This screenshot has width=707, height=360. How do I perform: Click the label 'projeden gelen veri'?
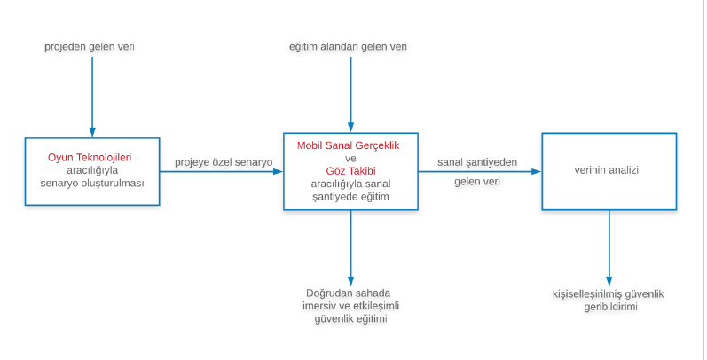(x=90, y=47)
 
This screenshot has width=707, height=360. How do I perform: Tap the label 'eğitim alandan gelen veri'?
(x=348, y=47)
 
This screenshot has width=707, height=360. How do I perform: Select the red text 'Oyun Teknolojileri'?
(x=90, y=158)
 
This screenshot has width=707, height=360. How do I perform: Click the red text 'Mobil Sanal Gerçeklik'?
(x=348, y=145)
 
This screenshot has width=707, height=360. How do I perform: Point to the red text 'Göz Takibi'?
(x=350, y=171)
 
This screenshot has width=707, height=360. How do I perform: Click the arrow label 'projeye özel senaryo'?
(x=224, y=162)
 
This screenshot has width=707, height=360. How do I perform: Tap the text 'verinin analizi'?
(x=607, y=170)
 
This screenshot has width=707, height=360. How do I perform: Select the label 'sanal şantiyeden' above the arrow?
(x=477, y=162)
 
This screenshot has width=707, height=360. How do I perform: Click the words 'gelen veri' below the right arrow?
(x=477, y=182)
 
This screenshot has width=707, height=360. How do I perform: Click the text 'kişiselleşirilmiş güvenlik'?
(x=609, y=294)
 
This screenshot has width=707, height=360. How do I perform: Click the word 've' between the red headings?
(x=350, y=159)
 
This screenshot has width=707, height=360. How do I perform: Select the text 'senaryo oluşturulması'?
(x=92, y=184)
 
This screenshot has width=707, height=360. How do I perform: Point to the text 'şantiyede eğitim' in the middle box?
(x=350, y=197)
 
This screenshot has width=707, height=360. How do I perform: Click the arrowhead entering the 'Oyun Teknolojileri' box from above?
(x=92, y=132)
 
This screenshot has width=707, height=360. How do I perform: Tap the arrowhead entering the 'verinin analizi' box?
(x=536, y=171)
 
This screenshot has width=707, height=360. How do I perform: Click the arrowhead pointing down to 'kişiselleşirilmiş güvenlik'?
(x=609, y=281)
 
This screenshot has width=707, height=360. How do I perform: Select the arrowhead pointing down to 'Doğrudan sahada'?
(x=350, y=281)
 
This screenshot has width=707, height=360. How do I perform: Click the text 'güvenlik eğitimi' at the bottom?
(x=350, y=319)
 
